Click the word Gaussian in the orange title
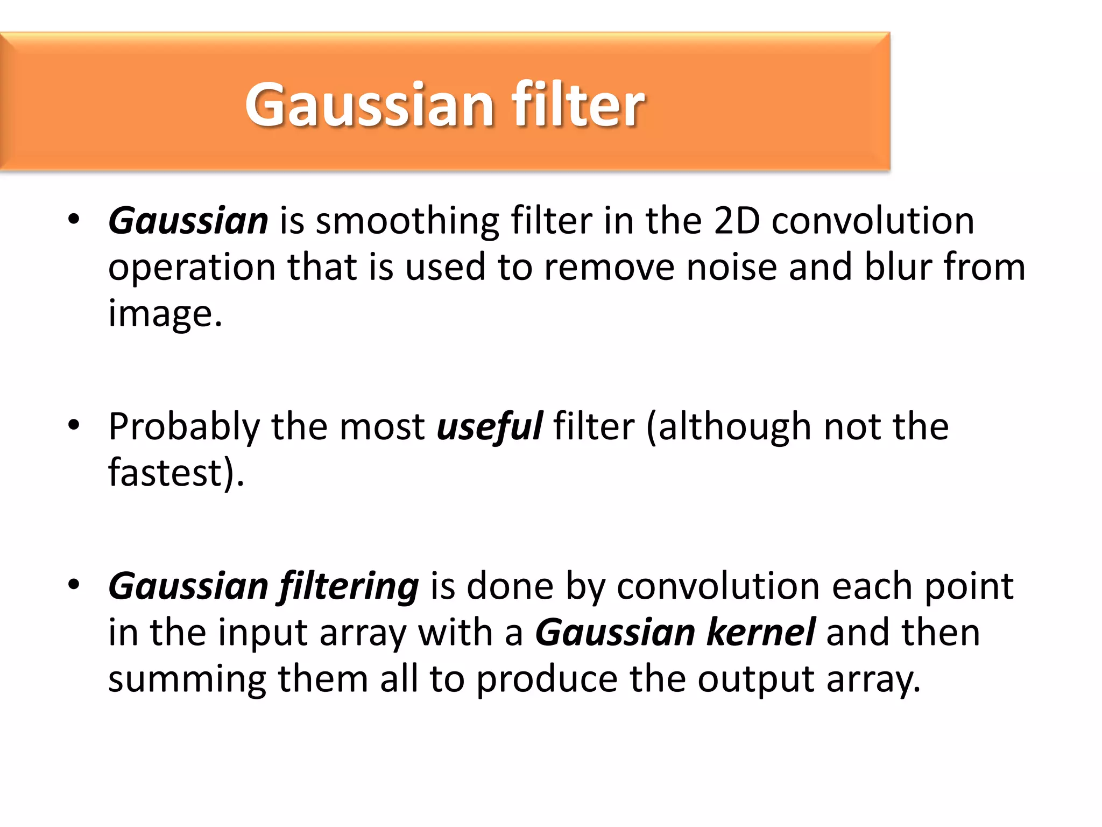coord(369,105)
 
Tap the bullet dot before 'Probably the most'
coord(74,425)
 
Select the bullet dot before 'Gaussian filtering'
coord(74,584)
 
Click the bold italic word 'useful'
coord(489,426)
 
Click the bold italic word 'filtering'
coord(349,587)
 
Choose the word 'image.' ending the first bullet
coord(165,314)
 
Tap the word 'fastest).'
coord(176,473)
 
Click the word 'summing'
coord(187,679)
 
